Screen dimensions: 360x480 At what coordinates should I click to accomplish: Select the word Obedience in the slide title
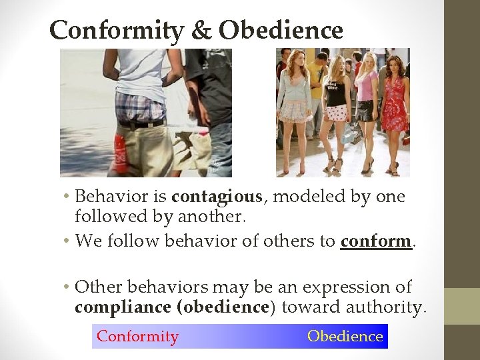pos(281,31)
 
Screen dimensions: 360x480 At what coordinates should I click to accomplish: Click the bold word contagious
pos(217,197)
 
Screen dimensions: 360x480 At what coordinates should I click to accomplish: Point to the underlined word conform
pos(375,241)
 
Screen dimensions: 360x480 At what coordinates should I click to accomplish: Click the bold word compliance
pos(122,308)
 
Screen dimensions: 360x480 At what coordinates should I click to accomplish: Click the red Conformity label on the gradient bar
pos(137,337)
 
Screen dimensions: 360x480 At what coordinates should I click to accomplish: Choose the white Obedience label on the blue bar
pos(345,337)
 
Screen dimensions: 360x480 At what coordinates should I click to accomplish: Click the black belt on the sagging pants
pos(141,124)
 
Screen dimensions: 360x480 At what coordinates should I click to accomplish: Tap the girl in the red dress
pos(395,100)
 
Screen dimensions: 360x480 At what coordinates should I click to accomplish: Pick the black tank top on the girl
pos(335,89)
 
